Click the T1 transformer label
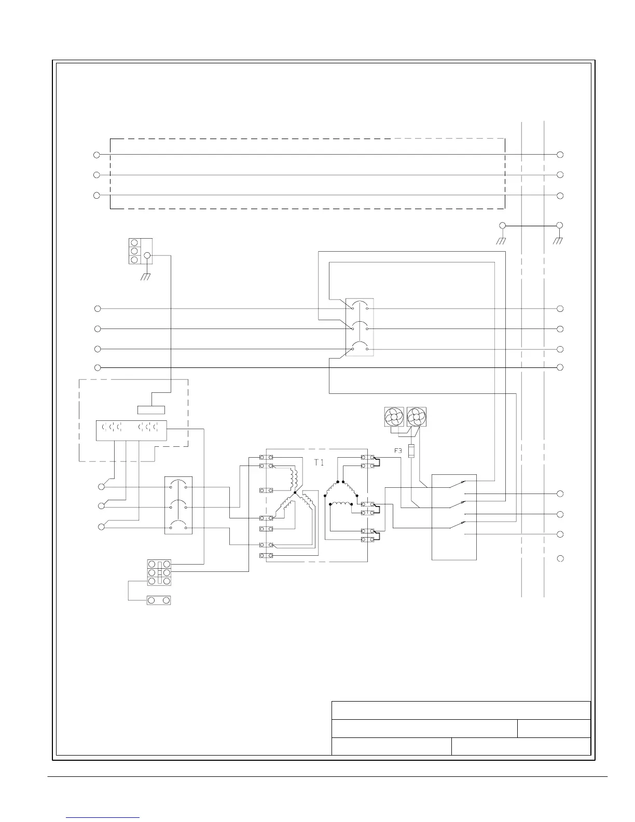[319, 462]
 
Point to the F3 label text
[398, 451]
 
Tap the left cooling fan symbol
[393, 417]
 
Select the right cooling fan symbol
[416, 417]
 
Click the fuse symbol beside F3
[412, 451]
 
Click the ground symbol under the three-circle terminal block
[146, 277]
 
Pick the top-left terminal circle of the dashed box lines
[96, 155]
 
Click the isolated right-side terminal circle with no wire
[560, 558]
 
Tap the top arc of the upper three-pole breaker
[360, 305]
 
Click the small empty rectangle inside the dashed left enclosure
[151, 410]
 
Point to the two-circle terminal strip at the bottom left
[159, 600]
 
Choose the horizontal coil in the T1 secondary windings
[340, 504]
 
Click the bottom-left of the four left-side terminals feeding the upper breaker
[98, 367]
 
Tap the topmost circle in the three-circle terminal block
[134, 243]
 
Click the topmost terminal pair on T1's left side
[266, 457]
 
